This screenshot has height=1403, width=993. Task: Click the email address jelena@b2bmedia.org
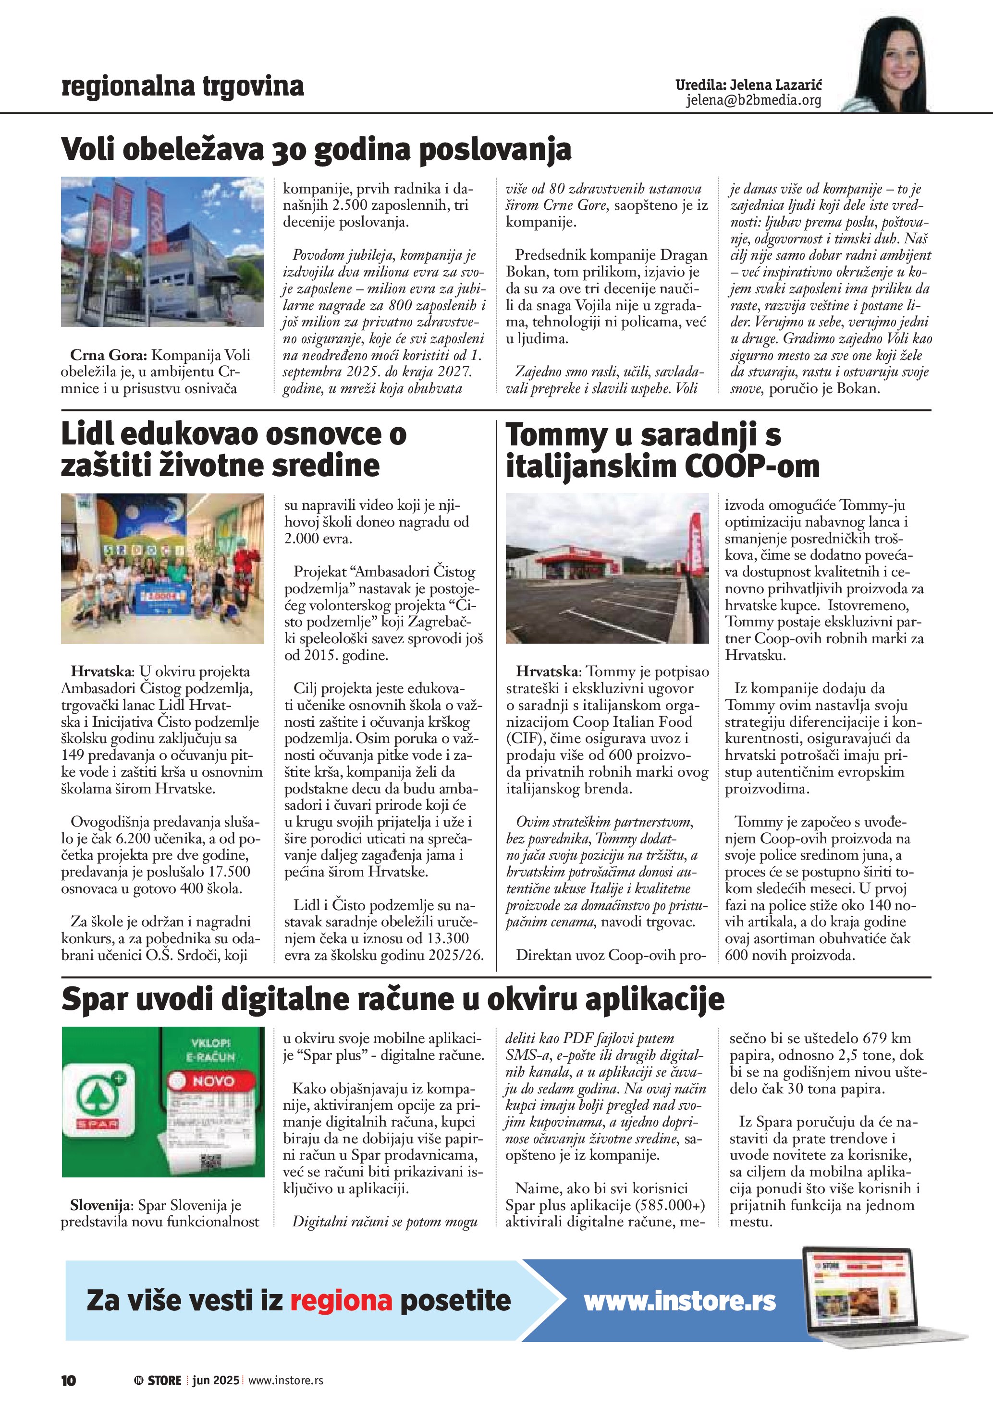753,100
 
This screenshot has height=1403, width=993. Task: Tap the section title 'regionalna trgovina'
182,86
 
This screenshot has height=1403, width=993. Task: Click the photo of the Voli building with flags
163,252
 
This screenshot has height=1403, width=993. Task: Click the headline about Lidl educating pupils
233,450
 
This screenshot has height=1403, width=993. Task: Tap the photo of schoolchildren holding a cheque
163,568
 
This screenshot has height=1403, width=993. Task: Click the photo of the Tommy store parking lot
607,568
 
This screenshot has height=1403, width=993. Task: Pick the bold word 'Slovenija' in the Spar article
100,1205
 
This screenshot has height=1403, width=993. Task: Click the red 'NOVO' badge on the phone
212,1080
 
